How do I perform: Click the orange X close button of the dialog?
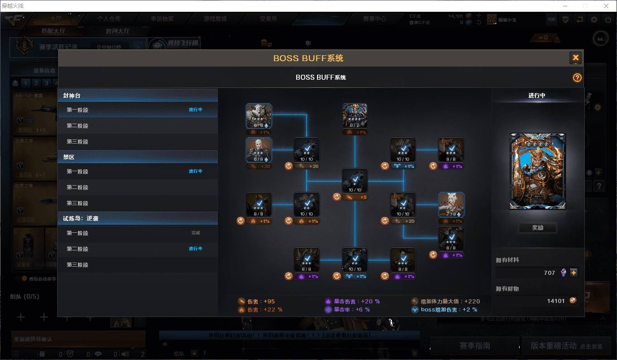(575, 58)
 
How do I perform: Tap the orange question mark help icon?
(577, 77)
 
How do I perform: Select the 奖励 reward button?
(537, 228)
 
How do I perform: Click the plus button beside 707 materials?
(574, 273)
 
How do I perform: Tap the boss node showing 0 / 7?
(355, 116)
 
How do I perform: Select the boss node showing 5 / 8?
(259, 116)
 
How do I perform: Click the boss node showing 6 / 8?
(259, 150)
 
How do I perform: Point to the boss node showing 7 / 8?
(451, 205)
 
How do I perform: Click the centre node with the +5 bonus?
(355, 181)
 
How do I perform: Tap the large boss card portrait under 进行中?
(537, 171)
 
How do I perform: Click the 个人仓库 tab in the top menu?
(109, 19)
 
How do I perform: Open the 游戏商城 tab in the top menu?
(215, 19)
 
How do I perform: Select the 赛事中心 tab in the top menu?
(374, 19)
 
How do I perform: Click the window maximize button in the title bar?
(585, 6)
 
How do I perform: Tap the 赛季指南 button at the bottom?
(474, 346)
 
